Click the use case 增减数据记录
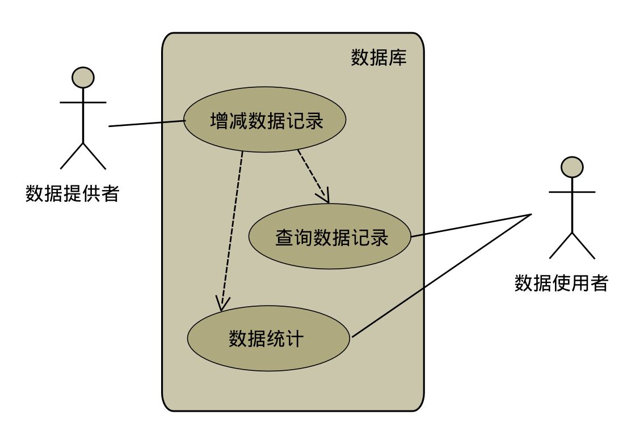coord(264,120)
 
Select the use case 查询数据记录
coord(330,236)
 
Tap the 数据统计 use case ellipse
coord(267,339)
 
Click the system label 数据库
coord(378,58)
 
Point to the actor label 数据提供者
coord(73,193)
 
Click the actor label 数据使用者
coord(561,282)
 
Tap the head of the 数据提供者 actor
coord(83,77)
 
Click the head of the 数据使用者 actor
coord(572,167)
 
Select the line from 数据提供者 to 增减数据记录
coord(146,123)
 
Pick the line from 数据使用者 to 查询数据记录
coord(471,225)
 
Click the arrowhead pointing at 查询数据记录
coord(324,197)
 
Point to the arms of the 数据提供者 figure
coord(83,103)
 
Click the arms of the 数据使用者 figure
coord(572,192)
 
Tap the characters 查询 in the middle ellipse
coord(293,237)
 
